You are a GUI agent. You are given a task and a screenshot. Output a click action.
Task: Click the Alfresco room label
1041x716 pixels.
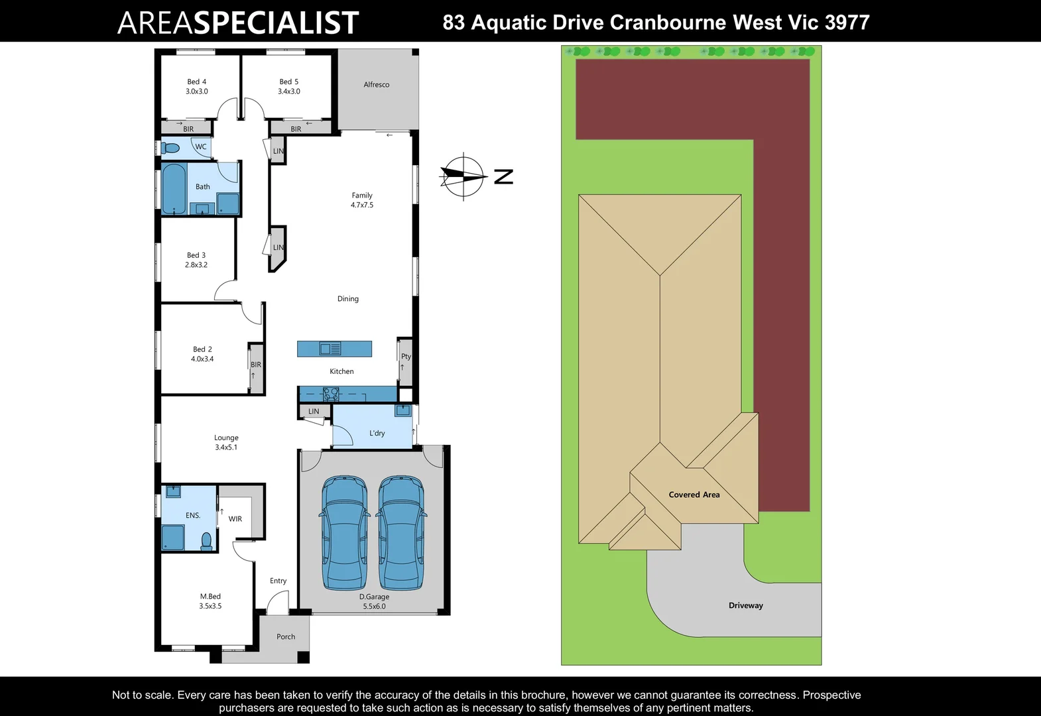click(376, 85)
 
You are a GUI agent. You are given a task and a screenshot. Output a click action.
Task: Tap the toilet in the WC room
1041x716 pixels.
click(171, 149)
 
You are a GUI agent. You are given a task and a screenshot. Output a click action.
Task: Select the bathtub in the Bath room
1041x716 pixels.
click(174, 189)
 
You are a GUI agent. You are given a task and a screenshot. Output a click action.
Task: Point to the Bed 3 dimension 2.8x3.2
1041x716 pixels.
click(196, 265)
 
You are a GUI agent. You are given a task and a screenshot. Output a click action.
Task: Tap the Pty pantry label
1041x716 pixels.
click(406, 357)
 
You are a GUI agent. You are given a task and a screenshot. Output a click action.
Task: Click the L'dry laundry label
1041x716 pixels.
click(377, 434)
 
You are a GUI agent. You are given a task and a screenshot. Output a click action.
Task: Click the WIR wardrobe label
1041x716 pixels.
click(235, 519)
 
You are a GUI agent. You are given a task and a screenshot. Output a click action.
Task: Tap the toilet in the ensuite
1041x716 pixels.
click(206, 542)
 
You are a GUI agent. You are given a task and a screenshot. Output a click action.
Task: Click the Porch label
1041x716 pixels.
click(286, 637)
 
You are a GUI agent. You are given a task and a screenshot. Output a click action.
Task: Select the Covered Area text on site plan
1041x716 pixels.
click(694, 495)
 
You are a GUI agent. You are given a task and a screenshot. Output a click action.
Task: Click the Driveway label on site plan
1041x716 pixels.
click(745, 605)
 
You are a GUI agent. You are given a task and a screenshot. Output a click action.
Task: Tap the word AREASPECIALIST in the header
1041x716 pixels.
click(238, 23)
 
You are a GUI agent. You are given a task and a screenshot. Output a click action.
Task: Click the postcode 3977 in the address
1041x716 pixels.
click(847, 23)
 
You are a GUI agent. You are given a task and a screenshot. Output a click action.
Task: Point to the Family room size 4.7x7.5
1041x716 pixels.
click(362, 205)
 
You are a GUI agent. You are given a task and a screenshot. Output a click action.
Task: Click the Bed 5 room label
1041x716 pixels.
click(288, 82)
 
